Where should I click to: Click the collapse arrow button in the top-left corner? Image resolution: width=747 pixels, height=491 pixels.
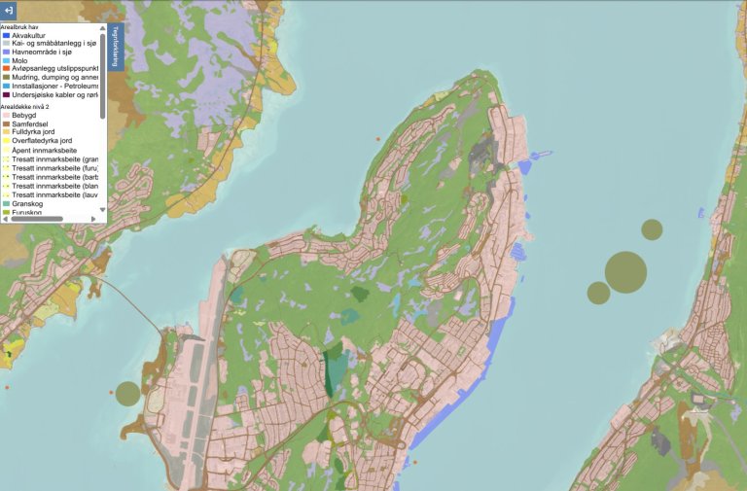[x=9, y=8]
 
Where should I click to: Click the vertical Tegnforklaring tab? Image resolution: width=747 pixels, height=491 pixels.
[x=115, y=46]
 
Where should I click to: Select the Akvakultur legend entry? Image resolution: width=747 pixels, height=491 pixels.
[x=29, y=35]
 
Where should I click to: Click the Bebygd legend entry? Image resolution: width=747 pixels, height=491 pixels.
[x=25, y=115]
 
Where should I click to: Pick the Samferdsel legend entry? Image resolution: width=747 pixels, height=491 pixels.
[x=30, y=123]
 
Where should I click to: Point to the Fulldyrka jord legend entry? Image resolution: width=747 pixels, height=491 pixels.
[x=35, y=132]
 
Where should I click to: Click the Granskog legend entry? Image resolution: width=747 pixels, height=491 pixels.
[x=28, y=203]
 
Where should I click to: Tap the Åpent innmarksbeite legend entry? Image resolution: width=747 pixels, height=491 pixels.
[x=43, y=151]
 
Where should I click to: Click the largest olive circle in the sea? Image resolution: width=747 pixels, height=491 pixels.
[x=625, y=272]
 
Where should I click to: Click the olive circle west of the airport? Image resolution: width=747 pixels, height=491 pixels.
[x=127, y=394]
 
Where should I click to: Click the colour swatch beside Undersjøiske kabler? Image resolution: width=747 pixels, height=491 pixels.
[x=6, y=94]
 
